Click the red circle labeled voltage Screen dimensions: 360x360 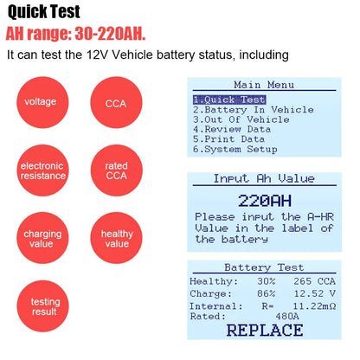[x=42, y=102]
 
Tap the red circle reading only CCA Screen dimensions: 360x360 [x=116, y=102]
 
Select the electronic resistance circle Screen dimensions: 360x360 [x=42, y=170]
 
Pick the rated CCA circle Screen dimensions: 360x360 [x=116, y=170]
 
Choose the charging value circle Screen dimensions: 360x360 [x=42, y=238]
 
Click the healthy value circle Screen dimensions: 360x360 [x=116, y=238]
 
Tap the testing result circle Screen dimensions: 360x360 [x=42, y=306]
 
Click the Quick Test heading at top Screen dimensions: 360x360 [x=44, y=12]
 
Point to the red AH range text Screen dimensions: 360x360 [x=75, y=34]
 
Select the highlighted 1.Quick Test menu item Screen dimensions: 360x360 [x=229, y=100]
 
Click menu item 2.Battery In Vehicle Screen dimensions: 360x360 [x=254, y=110]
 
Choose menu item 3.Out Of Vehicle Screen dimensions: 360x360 [x=241, y=119]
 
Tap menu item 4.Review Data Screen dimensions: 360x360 [x=232, y=130]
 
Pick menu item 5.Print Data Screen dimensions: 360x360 [x=229, y=139]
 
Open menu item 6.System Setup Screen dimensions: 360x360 [x=235, y=150]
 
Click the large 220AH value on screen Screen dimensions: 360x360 [x=265, y=201]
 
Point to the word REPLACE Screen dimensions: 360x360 [x=265, y=331]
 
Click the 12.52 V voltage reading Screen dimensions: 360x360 [x=315, y=293]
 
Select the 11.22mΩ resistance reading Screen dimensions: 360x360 [x=314, y=305]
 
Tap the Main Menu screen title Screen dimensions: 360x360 [x=264, y=85]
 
